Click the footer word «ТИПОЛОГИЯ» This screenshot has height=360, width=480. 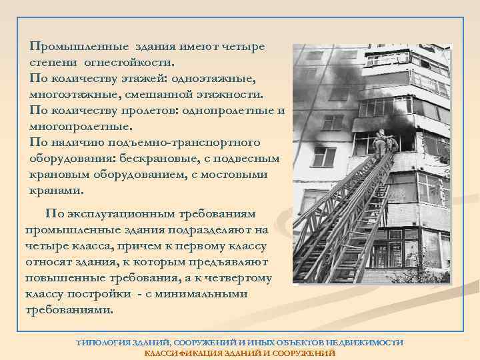pyautogui.click(x=103, y=341)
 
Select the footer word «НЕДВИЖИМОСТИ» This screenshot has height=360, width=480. pyautogui.click(x=364, y=341)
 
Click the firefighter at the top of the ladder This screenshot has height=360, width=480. pyautogui.click(x=380, y=141)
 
